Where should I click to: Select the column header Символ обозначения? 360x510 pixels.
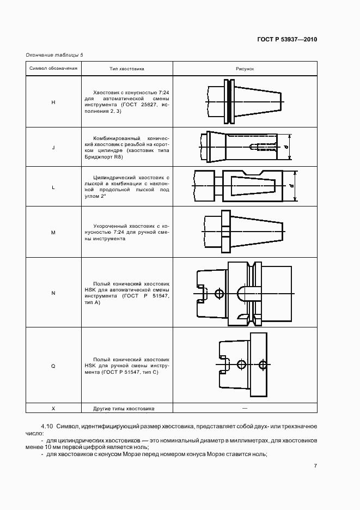[x=53, y=69]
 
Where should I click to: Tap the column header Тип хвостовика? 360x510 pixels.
[x=127, y=69]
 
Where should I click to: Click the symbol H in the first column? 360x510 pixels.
[x=53, y=102]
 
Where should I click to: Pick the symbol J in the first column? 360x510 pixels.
[x=53, y=147]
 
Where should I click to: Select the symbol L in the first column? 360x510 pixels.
[x=53, y=187]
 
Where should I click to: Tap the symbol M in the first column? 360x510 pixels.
[x=53, y=232]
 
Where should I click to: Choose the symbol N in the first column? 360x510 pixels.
[x=53, y=293]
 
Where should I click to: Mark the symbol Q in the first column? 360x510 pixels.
[x=53, y=366]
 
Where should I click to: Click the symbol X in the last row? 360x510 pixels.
[x=53, y=408]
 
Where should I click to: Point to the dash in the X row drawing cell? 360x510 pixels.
[x=245, y=408]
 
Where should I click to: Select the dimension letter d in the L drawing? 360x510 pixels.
[x=292, y=186]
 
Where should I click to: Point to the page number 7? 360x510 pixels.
[x=316, y=466]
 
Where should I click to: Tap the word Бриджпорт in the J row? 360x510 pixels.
[x=97, y=156]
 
